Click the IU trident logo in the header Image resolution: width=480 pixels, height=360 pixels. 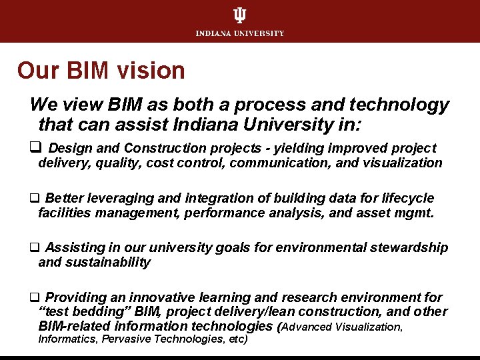click(239, 16)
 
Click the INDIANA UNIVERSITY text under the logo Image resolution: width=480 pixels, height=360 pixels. click(239, 33)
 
